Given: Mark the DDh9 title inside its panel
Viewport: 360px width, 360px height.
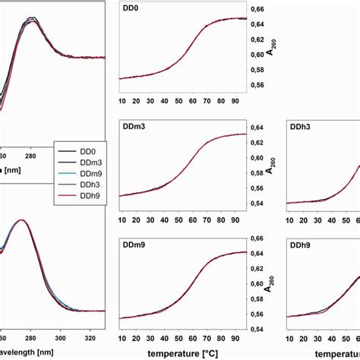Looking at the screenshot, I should click(302, 243).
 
